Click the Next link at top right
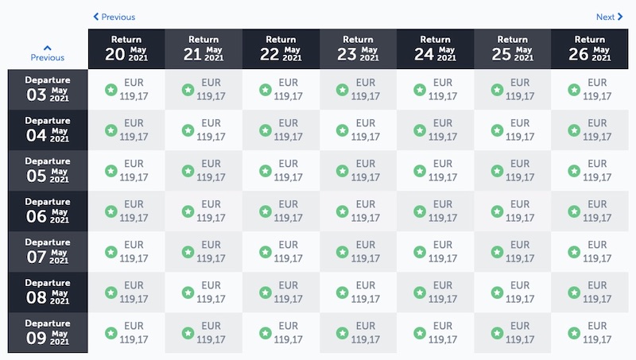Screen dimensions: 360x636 [609, 17]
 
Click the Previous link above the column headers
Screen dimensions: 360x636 [114, 17]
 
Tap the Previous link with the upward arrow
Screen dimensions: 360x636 [48, 53]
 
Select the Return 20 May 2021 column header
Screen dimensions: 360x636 [126, 49]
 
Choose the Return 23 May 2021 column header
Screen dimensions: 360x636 [358, 49]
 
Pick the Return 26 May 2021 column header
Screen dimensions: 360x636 [589, 49]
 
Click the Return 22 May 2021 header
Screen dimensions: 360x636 [281, 49]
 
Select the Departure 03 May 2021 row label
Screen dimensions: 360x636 [48, 90]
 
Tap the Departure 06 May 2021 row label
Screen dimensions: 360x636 [48, 211]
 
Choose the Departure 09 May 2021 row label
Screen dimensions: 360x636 [48, 333]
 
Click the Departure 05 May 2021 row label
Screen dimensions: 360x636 [48, 171]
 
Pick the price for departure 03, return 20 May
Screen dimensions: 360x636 [134, 90]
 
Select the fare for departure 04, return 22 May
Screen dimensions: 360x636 [288, 130]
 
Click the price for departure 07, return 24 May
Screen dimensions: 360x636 [442, 252]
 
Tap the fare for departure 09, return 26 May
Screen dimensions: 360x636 [596, 333]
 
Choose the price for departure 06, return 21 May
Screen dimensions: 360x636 [211, 211]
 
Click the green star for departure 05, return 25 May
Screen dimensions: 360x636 [496, 171]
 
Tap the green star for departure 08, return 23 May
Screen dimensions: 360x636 [342, 292]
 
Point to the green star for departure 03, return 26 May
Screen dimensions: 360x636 [573, 90]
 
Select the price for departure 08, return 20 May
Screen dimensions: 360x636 [134, 292]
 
